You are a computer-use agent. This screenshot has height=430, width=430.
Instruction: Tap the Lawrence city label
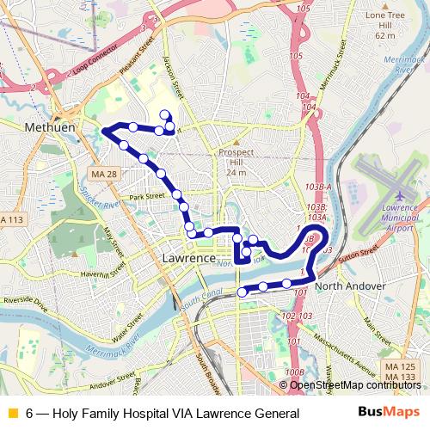pyautogui.click(x=188, y=258)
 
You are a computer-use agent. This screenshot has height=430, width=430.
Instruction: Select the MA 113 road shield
pyautogui.click(x=9, y=220)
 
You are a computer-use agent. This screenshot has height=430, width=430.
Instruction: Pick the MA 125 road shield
pyautogui.click(x=398, y=368)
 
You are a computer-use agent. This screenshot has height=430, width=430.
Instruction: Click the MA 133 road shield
pyautogui.click(x=398, y=378)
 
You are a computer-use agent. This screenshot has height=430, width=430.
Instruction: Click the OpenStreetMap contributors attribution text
pyautogui.click(x=354, y=384)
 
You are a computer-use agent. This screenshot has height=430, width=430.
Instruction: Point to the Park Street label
pyautogui.click(x=147, y=197)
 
